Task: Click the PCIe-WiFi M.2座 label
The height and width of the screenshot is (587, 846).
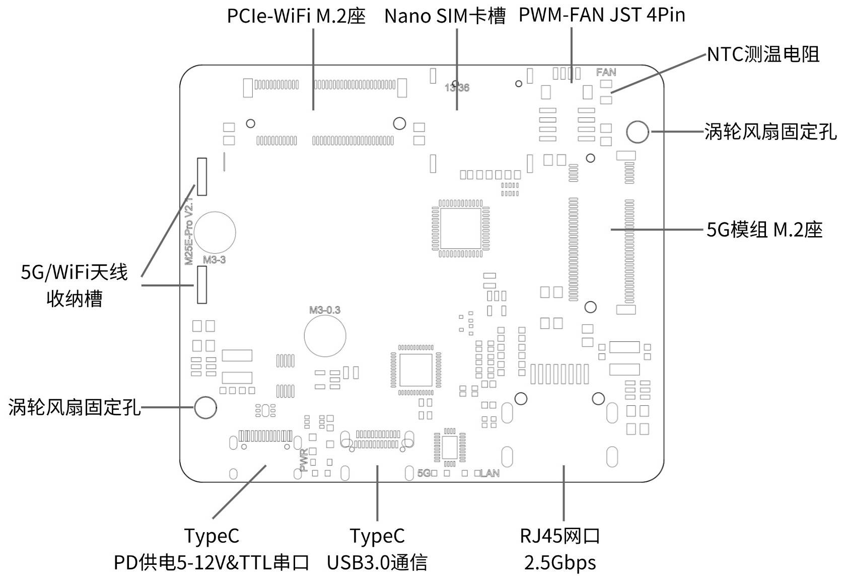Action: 296,16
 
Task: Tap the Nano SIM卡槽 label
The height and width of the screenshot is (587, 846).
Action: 445,16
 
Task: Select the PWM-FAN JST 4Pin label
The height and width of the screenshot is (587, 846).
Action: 602,15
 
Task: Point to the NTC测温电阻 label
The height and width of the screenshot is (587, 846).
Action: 763,54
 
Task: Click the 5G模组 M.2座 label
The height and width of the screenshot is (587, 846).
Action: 764,230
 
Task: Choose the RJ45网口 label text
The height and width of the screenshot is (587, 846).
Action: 560,536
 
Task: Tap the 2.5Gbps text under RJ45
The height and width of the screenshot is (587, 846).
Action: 560,562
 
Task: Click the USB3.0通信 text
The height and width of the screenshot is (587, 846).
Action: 377,562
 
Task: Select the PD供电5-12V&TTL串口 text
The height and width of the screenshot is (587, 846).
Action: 211,562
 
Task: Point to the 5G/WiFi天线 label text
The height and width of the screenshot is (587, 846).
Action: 75,272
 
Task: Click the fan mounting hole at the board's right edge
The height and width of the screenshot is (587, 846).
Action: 638,132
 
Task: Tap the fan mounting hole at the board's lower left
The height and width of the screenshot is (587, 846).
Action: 205,407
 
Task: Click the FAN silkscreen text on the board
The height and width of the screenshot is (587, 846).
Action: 606,72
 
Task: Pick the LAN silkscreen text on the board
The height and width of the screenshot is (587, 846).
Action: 490,473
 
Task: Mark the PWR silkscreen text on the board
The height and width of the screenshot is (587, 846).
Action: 304,460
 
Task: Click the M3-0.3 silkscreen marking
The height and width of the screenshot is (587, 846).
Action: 325,310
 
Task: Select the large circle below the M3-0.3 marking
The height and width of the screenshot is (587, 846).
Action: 325,336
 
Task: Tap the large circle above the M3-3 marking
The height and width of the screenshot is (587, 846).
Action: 215,233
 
